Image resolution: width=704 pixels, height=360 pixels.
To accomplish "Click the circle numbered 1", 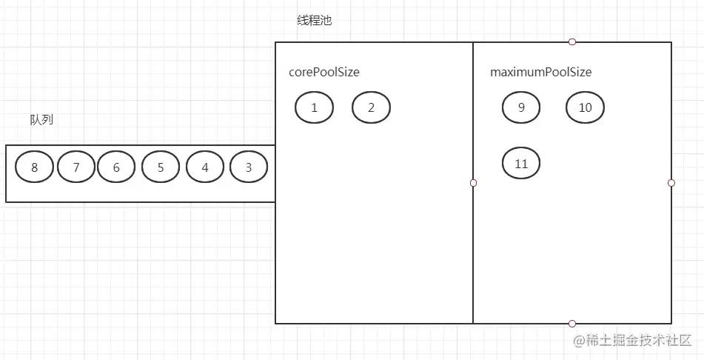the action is pos(314,107).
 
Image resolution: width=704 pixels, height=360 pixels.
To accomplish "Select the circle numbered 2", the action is pos(371,107).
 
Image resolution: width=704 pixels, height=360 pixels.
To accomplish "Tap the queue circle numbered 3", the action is pos(249,167).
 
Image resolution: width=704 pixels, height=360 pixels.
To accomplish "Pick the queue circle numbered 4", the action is pos(205,167).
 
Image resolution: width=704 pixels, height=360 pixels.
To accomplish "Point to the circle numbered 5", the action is pos(161,167).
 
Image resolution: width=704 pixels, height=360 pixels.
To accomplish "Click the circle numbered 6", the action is pos(116,167).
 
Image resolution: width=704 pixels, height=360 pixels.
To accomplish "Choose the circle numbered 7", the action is pos(76,167).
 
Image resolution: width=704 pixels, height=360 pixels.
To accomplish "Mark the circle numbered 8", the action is pos(35,167).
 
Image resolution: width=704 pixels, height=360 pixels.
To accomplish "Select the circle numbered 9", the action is pos(521,107).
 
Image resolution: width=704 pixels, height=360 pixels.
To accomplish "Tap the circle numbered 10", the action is pos(585,107).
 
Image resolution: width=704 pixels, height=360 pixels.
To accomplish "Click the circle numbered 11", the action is pos(521,164).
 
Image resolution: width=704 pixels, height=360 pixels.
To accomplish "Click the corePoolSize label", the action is pos(324,73).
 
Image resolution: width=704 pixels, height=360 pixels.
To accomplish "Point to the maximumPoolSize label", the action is pos(540,73).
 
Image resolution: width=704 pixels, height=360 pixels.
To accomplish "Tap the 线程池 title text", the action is pos(315,21).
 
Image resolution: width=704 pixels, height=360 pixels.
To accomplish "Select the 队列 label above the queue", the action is pos(41,120).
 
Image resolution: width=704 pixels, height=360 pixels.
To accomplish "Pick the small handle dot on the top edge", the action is pos(572,42).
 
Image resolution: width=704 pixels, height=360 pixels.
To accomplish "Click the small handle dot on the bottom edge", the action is pos(572,324).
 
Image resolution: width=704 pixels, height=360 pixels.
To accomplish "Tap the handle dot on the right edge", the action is pos(671,182).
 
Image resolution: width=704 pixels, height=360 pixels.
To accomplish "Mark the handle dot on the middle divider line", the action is pos(473,182).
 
